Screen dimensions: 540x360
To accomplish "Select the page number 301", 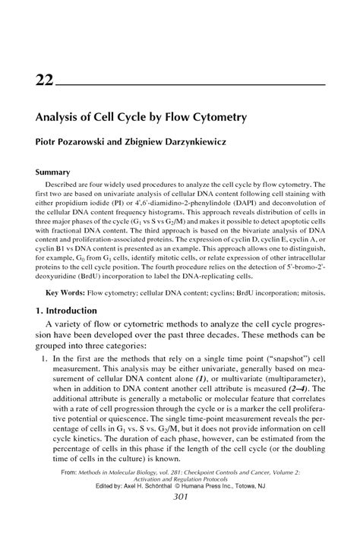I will pyautogui.click(x=180, y=519).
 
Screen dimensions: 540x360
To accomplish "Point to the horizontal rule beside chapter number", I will pyautogui.click(x=190, y=84).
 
